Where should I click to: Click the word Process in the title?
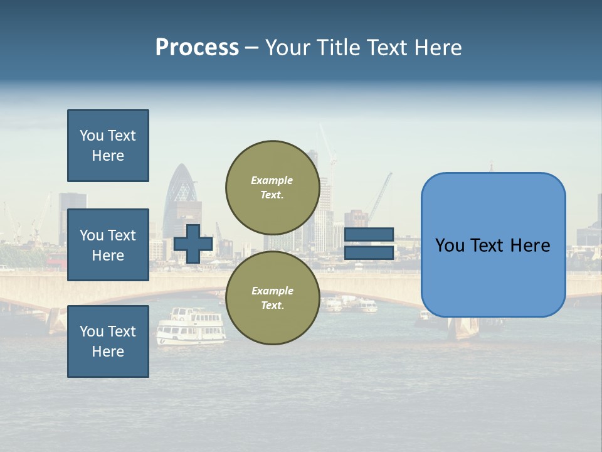coord(197,48)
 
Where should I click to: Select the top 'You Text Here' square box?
coord(108,146)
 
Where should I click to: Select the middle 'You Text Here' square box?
coord(108,245)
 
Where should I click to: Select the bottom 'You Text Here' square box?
coord(108,341)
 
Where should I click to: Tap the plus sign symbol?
coord(193,244)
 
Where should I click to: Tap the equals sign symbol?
coord(369,244)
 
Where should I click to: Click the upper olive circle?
coord(272,187)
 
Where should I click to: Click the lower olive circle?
coord(272,298)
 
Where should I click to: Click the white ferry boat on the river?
coord(191,326)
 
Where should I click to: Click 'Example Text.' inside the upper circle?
coord(272,187)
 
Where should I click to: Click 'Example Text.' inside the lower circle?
coord(272,298)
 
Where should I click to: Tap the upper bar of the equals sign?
coord(369,234)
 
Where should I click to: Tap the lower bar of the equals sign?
coord(369,253)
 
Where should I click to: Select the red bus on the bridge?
coord(56,260)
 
